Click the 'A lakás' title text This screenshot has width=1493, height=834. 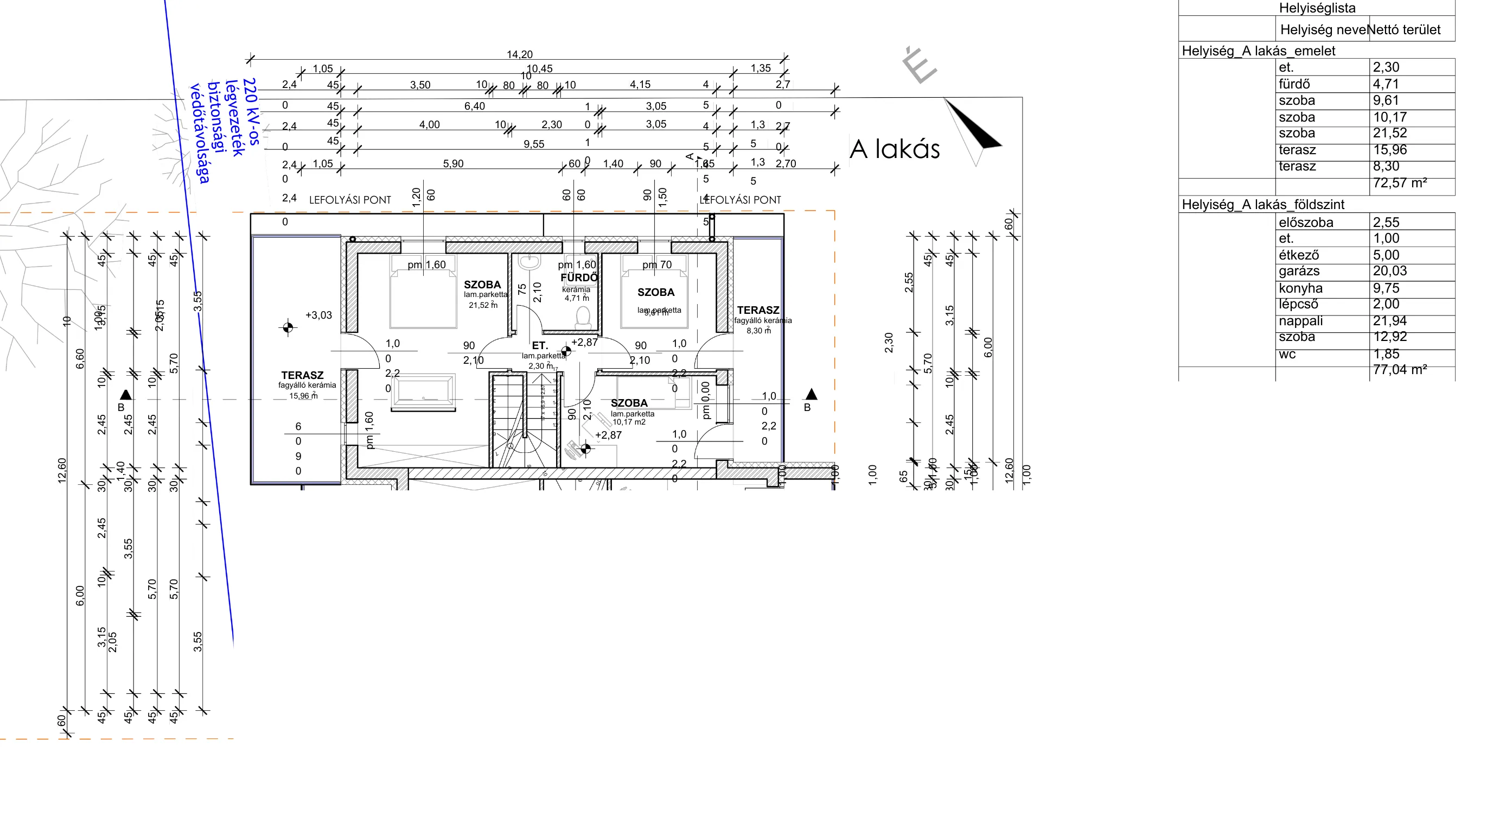(x=894, y=149)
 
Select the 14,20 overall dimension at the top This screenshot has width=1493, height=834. (x=519, y=54)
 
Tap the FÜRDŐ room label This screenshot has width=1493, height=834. (x=578, y=277)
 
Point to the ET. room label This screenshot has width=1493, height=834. (x=540, y=345)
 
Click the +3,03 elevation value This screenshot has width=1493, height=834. (x=318, y=315)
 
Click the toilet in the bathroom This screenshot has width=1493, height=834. (x=583, y=317)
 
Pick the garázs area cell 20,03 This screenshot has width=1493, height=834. (x=1389, y=271)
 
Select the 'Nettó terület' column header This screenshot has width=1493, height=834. (x=1403, y=29)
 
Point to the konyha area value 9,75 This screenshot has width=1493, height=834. (x=1386, y=288)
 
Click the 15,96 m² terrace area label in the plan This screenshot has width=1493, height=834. (x=303, y=396)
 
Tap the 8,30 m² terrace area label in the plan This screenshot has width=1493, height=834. (x=758, y=331)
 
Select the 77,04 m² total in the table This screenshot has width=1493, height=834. (x=1399, y=369)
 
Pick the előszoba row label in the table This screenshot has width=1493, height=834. (x=1305, y=222)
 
